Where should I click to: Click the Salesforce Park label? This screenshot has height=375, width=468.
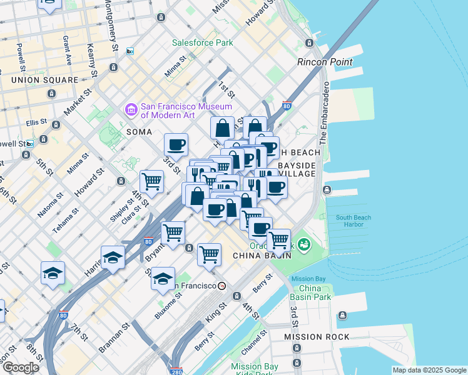[203, 42]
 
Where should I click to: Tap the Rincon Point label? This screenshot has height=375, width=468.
[324, 62]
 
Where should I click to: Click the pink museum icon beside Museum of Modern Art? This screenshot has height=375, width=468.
[131, 110]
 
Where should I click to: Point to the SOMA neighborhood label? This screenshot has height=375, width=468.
[139, 132]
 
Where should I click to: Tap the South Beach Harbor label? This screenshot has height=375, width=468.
[354, 221]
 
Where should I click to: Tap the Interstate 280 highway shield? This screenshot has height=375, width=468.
[176, 371]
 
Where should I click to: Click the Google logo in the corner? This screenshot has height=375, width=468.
[20, 367]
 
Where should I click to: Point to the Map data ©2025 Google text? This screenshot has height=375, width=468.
[429, 370]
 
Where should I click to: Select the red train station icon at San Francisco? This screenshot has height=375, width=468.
[221, 286]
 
